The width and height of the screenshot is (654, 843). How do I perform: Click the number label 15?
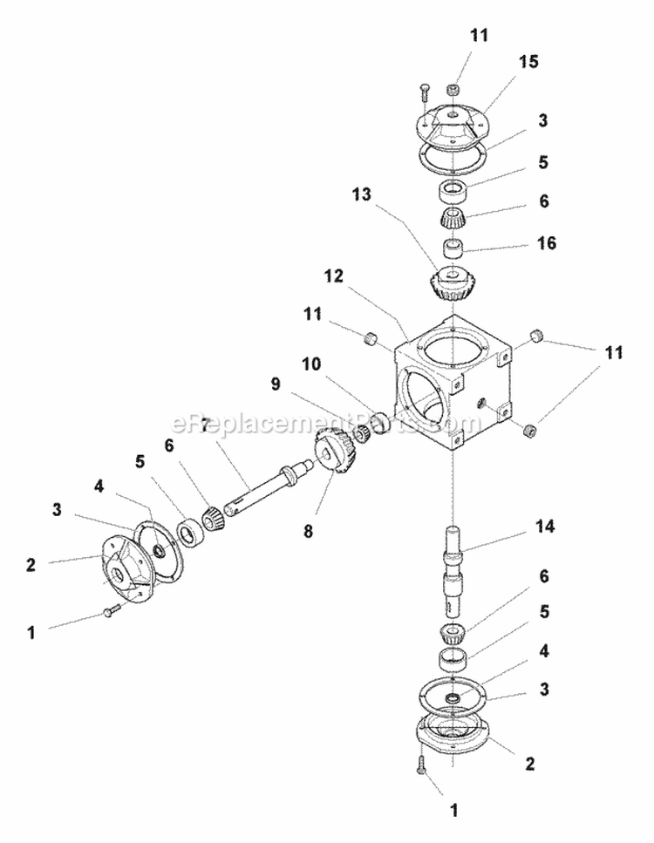(528, 62)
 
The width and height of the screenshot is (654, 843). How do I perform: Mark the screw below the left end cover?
(108, 612)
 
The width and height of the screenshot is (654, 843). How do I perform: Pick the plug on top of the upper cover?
(453, 89)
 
